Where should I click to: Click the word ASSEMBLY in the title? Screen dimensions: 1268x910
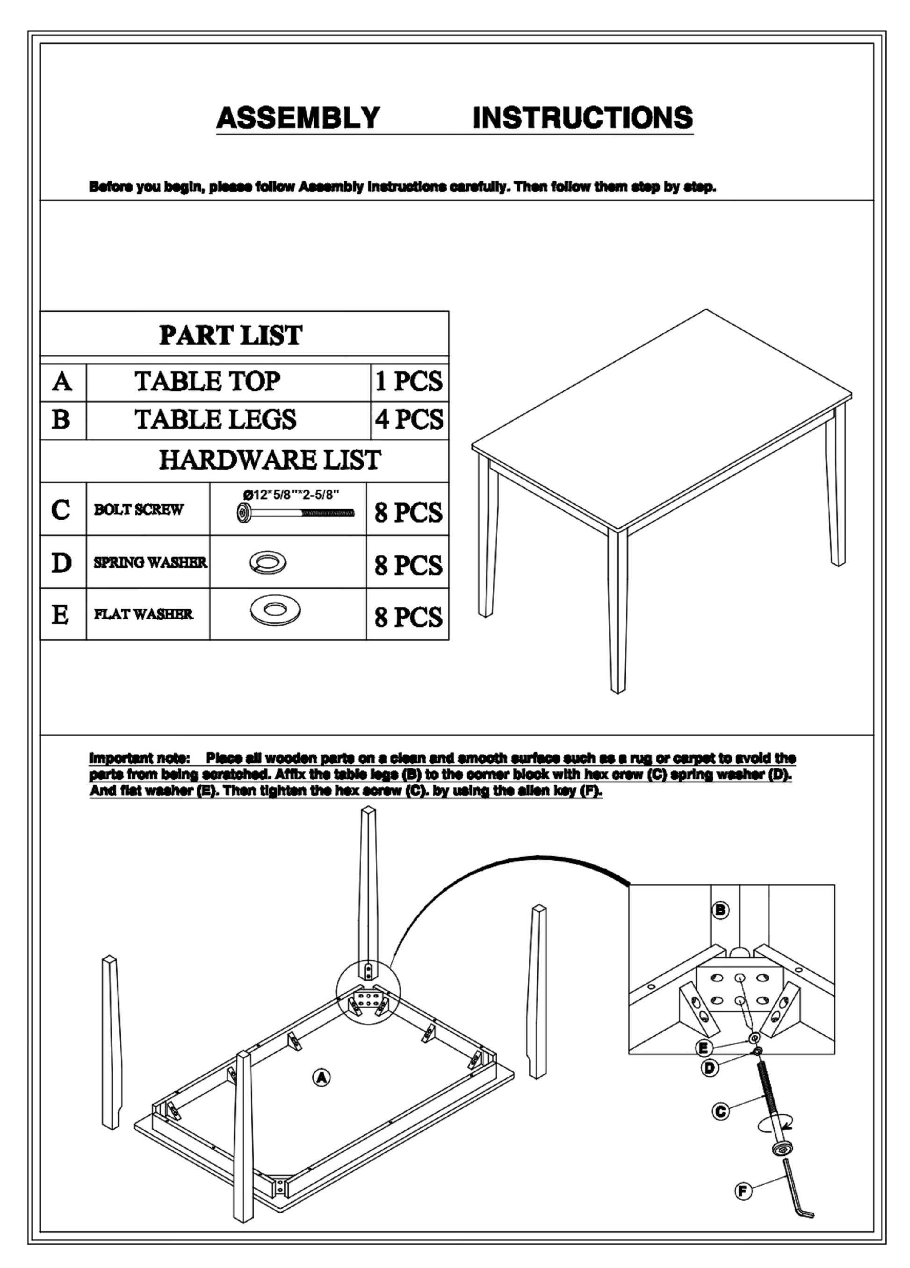click(x=298, y=118)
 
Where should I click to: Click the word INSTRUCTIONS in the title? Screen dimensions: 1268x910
click(x=582, y=118)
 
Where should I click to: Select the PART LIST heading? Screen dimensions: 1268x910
click(x=231, y=336)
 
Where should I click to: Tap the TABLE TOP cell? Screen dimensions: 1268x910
click(x=208, y=382)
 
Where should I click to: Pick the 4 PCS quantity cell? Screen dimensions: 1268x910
click(x=409, y=420)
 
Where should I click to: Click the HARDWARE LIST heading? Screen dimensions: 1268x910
click(x=270, y=460)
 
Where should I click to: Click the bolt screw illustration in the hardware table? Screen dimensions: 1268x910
click(x=296, y=513)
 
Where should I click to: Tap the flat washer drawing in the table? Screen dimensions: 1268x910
click(x=274, y=609)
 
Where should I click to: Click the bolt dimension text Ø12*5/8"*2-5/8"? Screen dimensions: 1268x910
click(x=291, y=495)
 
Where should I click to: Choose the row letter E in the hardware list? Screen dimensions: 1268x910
click(x=60, y=615)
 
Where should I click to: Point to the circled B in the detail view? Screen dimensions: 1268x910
click(x=721, y=910)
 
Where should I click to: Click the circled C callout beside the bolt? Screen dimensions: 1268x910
click(x=721, y=1111)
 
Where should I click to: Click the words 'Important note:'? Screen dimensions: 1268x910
click(x=140, y=759)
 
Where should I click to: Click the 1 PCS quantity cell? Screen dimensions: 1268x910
click(x=409, y=382)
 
